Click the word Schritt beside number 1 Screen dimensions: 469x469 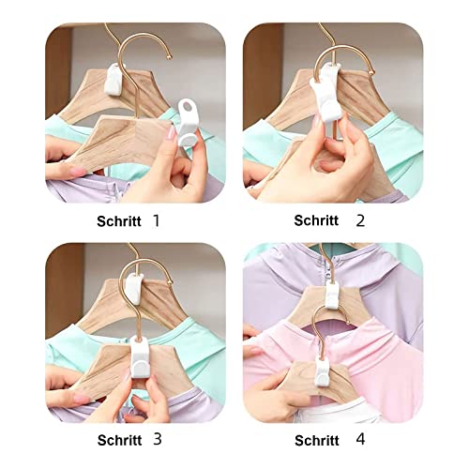(x=119, y=221)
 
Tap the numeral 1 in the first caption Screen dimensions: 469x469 (x=157, y=220)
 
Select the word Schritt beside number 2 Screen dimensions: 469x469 (x=316, y=220)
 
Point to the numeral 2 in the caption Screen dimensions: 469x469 (x=360, y=220)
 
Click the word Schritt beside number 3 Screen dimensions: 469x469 (x=119, y=440)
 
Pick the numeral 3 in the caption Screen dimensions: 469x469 (x=158, y=439)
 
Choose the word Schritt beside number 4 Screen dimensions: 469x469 (x=317, y=441)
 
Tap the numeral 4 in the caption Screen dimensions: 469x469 (x=360, y=439)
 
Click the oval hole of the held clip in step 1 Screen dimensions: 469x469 (x=189, y=107)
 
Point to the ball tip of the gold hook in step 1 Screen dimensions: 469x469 (x=170, y=57)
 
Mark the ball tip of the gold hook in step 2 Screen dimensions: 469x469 (x=372, y=72)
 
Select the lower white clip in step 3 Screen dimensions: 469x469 (x=141, y=357)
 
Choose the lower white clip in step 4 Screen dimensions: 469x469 (x=322, y=371)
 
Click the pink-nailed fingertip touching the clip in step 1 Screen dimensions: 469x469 (x=172, y=133)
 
